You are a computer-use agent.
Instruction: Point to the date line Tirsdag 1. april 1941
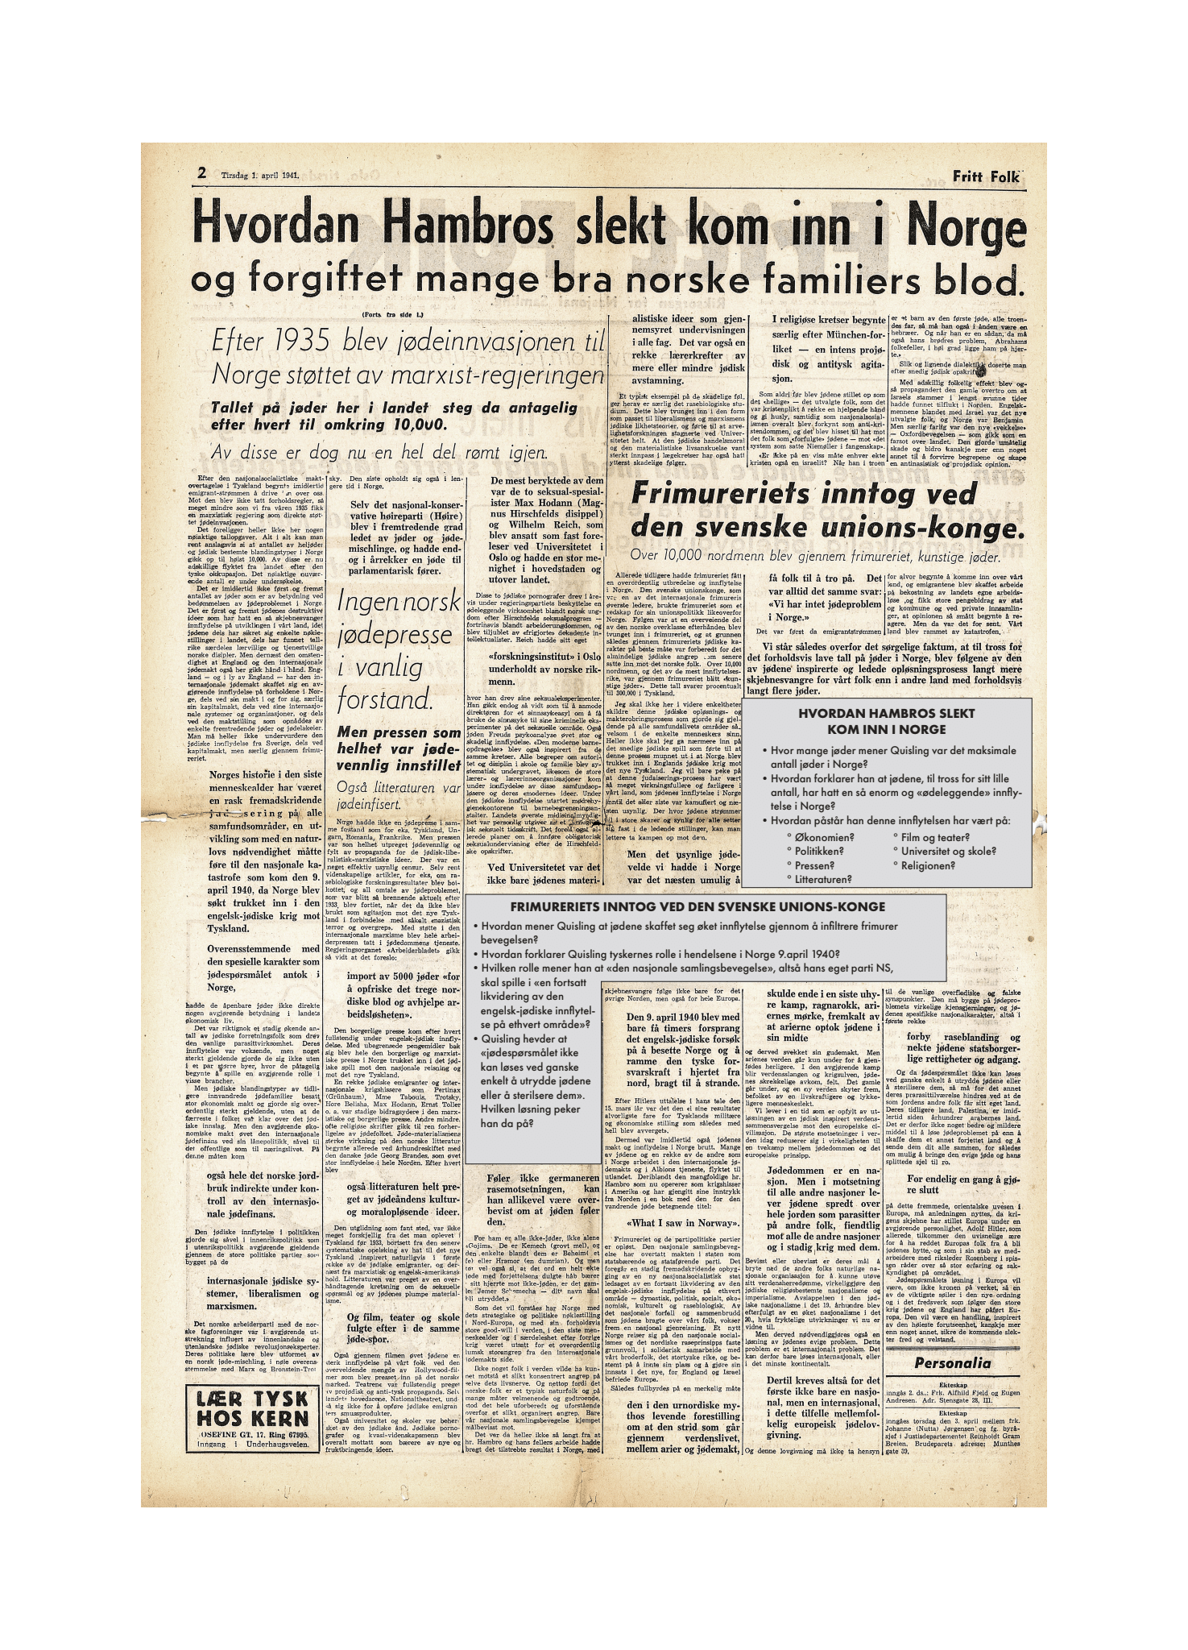click(x=260, y=174)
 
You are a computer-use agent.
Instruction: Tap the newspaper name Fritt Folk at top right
click(x=986, y=176)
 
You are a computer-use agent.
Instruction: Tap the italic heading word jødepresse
click(x=395, y=635)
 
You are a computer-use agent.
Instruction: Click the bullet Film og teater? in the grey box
click(x=934, y=836)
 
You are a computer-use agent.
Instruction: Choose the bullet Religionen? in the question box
click(x=928, y=865)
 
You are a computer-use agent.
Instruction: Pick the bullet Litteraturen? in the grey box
click(x=822, y=880)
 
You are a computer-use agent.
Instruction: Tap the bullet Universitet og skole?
click(x=948, y=851)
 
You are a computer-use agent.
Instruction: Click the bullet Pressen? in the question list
click(x=816, y=865)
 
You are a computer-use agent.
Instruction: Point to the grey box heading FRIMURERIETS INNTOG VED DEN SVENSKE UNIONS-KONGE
click(x=697, y=907)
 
